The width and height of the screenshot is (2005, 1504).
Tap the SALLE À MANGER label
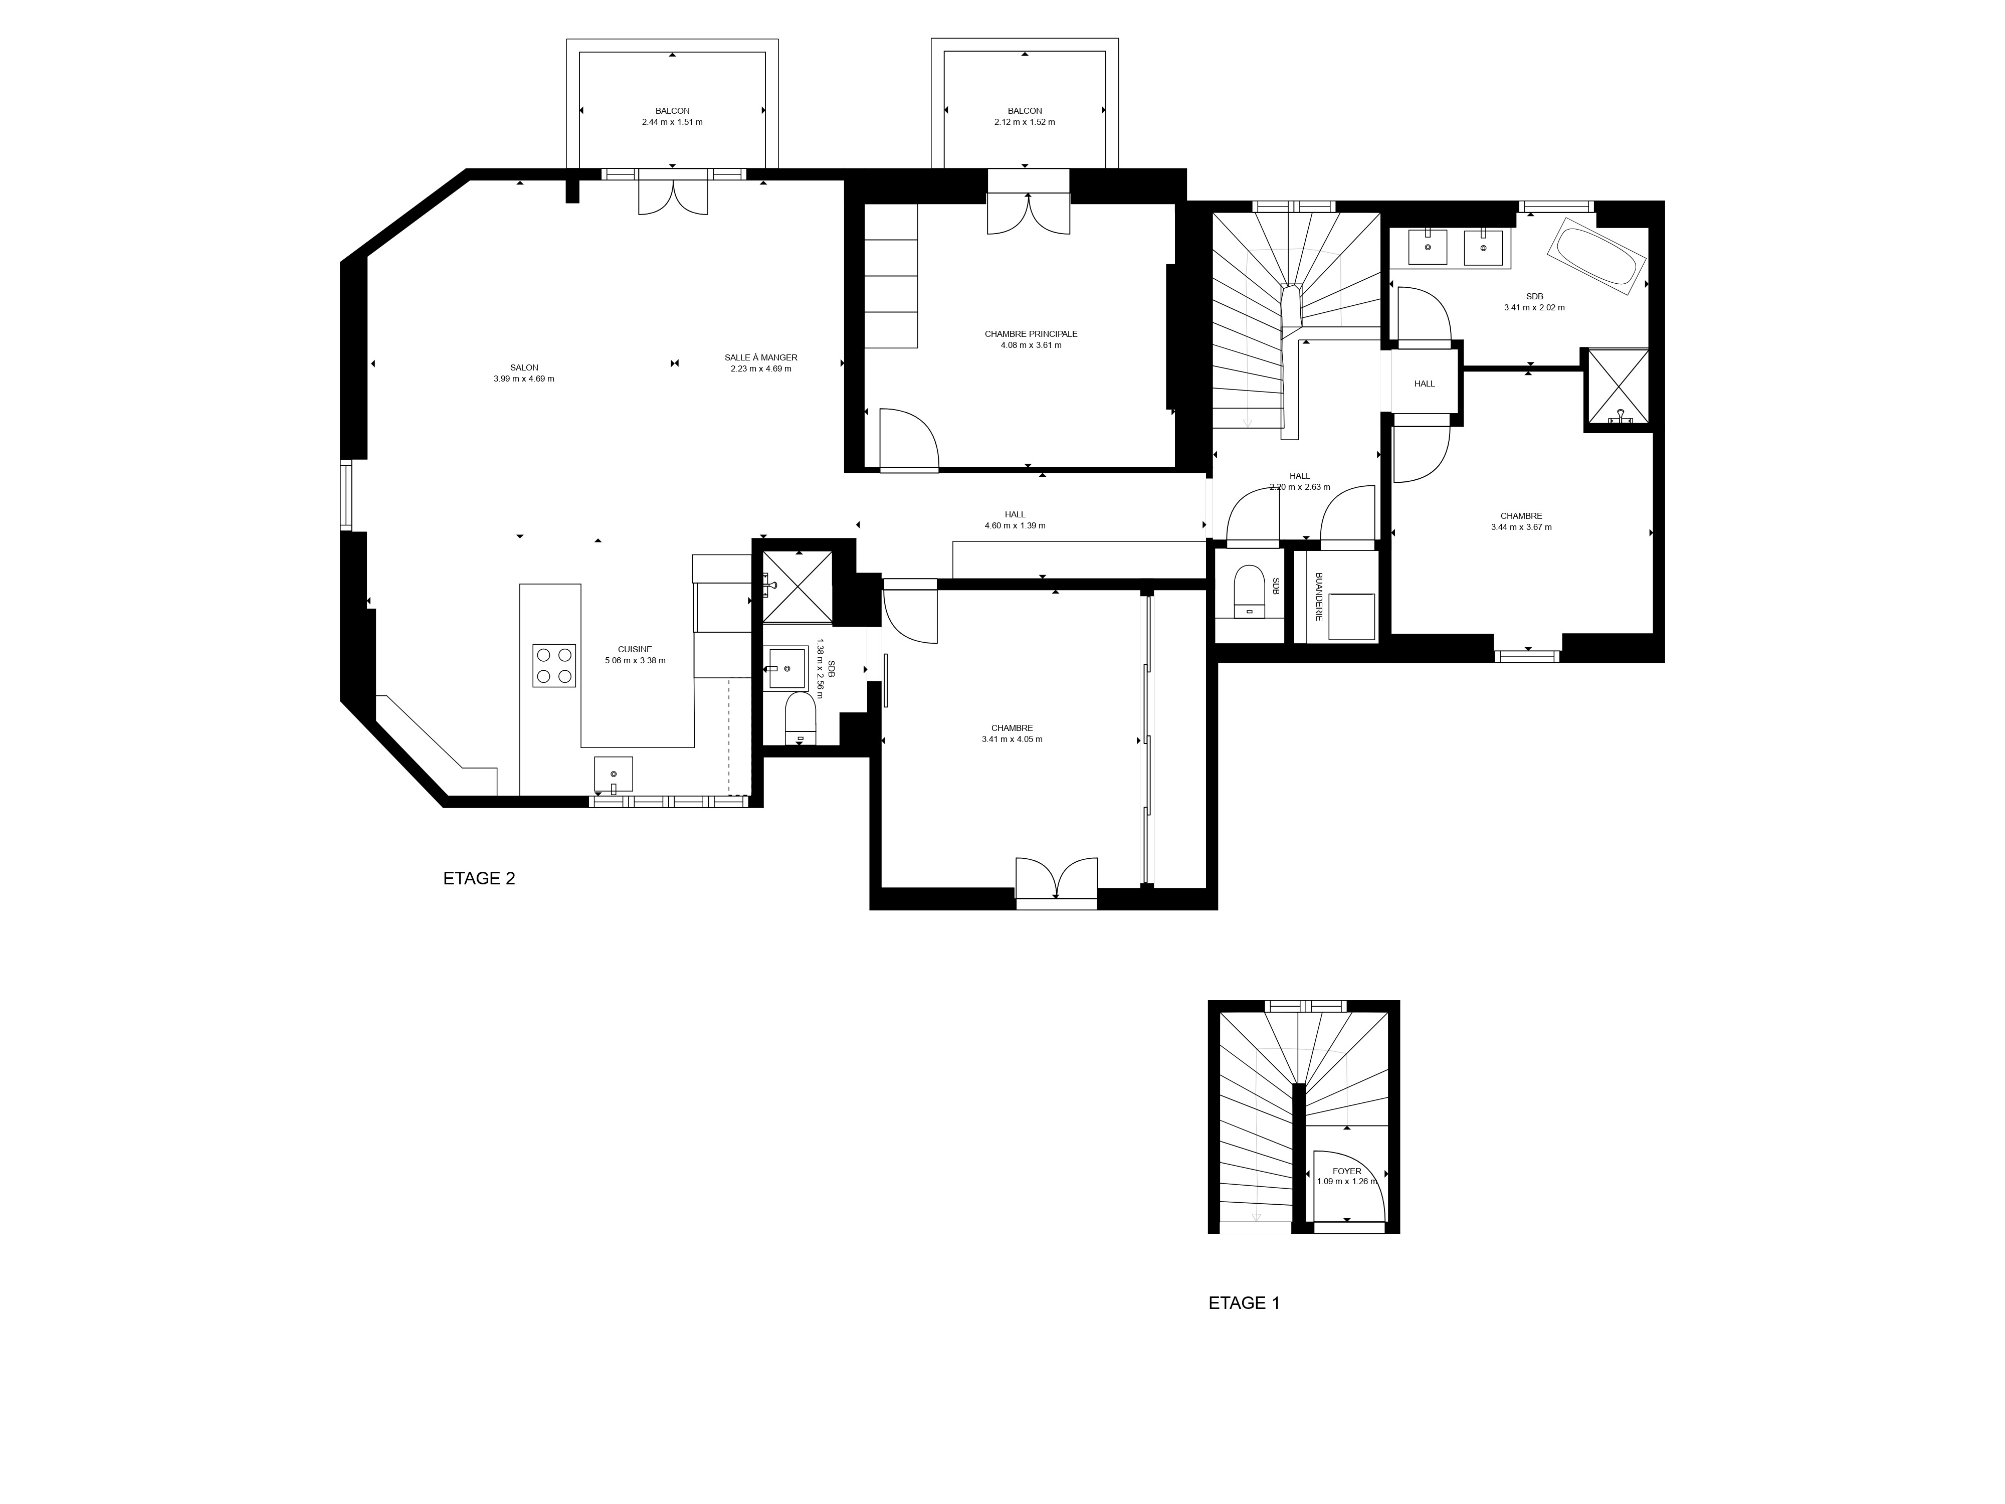pyautogui.click(x=760, y=357)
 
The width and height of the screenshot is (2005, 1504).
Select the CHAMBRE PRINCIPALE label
pyautogui.click(x=1031, y=333)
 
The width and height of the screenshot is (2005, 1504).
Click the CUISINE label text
pyautogui.click(x=635, y=649)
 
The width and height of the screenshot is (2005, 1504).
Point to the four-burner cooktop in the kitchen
pyautogui.click(x=554, y=664)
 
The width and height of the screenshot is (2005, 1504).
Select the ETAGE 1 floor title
pyautogui.click(x=1244, y=1303)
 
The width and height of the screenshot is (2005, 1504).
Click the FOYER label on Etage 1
pyautogui.click(x=1347, y=1171)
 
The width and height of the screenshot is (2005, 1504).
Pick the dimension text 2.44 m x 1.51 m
pyautogui.click(x=672, y=121)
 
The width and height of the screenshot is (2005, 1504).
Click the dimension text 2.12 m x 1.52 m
pyautogui.click(x=1024, y=121)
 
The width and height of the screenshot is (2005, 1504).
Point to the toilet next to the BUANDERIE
pyautogui.click(x=1250, y=589)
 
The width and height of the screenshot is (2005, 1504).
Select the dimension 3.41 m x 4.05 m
pyautogui.click(x=1012, y=739)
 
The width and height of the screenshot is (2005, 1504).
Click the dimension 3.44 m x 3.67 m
pyautogui.click(x=1521, y=527)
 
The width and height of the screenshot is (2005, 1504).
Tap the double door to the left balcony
pyautogui.click(x=673, y=192)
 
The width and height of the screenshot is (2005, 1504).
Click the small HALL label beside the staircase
pyautogui.click(x=1424, y=384)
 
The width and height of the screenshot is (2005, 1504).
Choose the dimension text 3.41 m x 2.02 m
pyautogui.click(x=1534, y=307)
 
